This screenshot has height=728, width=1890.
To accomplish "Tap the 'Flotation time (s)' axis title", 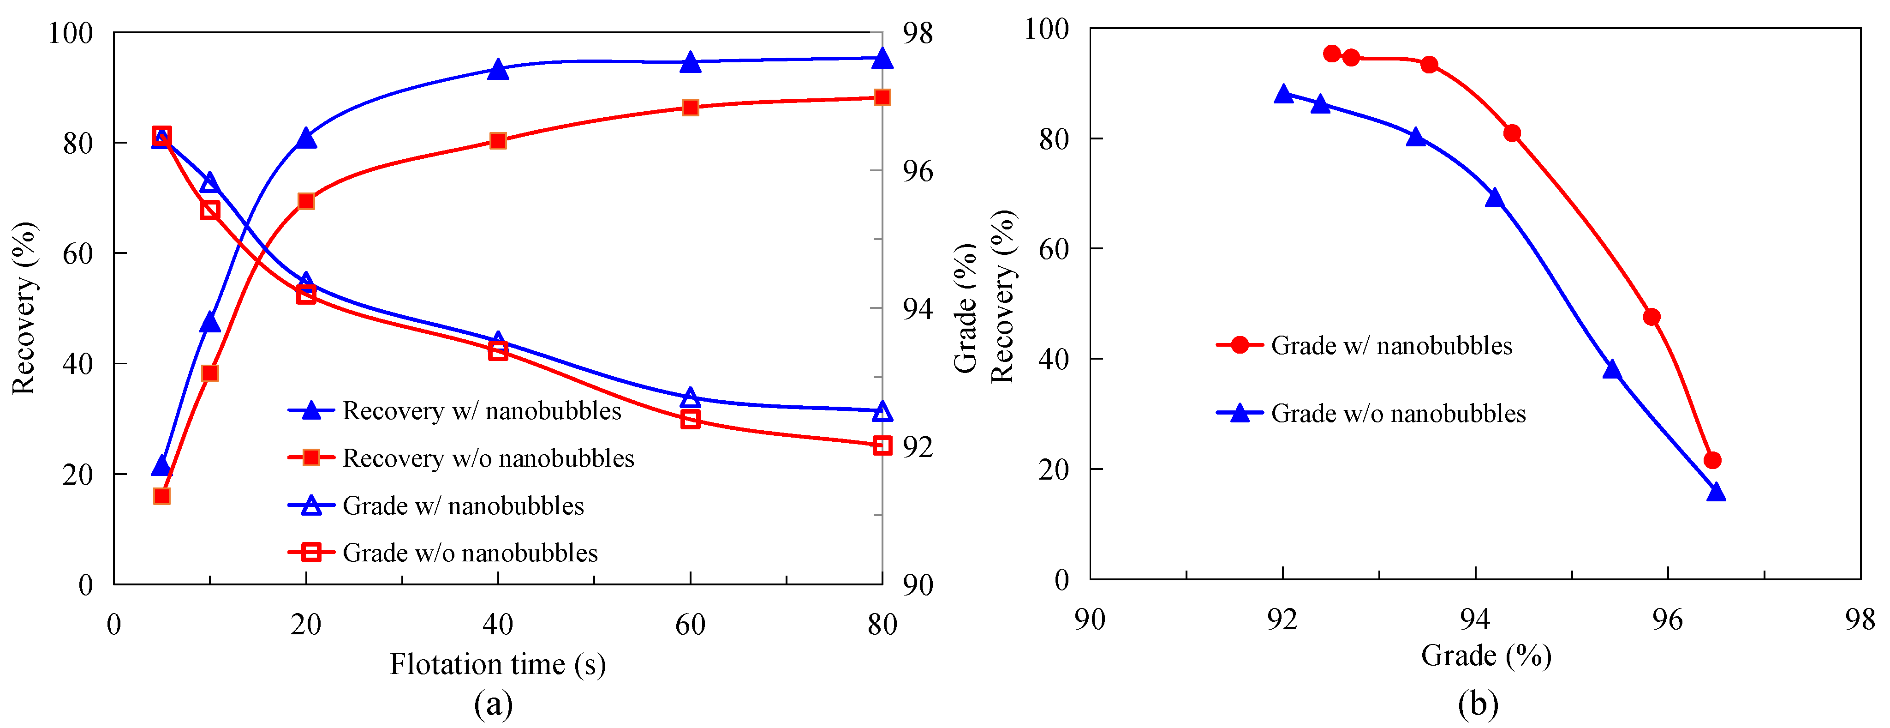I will [x=497, y=664].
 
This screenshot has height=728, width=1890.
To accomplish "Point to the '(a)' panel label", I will [x=493, y=704].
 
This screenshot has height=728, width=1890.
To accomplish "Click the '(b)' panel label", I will [x=1478, y=704].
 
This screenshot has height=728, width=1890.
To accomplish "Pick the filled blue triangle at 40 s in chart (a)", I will [x=498, y=70].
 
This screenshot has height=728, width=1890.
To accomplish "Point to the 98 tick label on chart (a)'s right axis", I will [x=917, y=33].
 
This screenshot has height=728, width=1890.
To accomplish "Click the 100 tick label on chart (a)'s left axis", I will [x=71, y=33].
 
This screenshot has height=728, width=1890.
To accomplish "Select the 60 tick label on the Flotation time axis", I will [x=690, y=625].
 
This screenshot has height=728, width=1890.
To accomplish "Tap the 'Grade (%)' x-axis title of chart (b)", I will [x=1486, y=656].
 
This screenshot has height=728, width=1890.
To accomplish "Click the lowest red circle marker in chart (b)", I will [x=1712, y=461].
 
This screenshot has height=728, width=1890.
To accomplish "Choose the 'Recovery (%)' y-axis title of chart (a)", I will [x=24, y=308].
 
